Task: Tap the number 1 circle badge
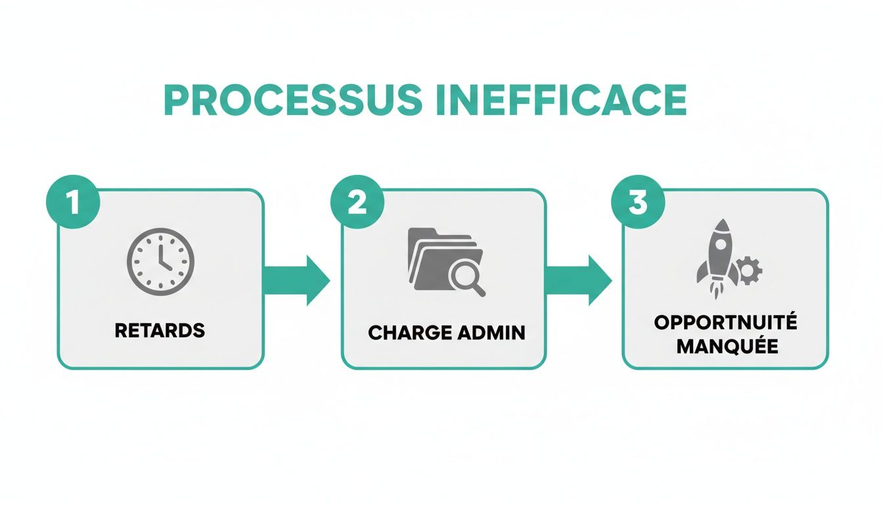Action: pyautogui.click(x=73, y=202)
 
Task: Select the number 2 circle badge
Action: pyautogui.click(x=357, y=202)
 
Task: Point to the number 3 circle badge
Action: pyautogui.click(x=638, y=202)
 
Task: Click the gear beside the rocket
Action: pyautogui.click(x=748, y=270)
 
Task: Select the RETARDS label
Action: pyautogui.click(x=160, y=330)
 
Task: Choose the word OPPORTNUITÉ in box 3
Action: pyautogui.click(x=725, y=323)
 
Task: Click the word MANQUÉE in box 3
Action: pyautogui.click(x=727, y=347)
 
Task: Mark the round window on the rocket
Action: pyautogui.click(x=720, y=244)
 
